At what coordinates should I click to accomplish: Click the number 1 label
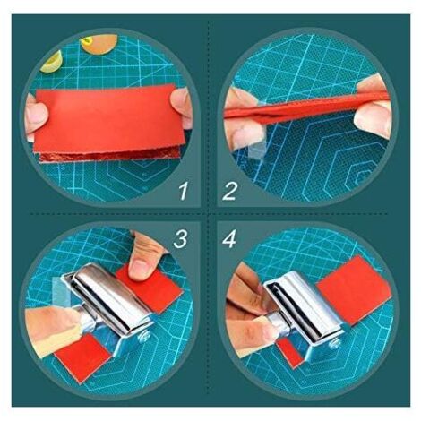(184, 191)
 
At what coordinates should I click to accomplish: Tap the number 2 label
(229, 191)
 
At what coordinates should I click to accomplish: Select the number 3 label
(180, 239)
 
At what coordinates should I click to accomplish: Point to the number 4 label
(229, 239)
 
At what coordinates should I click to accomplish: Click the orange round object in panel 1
(99, 44)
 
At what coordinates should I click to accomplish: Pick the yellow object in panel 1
(52, 62)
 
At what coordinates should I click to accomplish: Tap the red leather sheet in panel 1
(108, 118)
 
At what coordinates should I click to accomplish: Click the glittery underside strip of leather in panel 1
(109, 155)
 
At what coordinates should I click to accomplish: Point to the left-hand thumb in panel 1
(37, 114)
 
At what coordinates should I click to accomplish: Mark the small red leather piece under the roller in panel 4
(290, 352)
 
